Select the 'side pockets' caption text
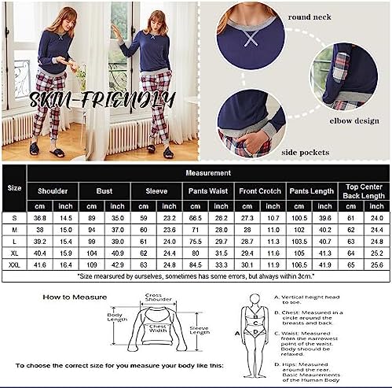[302, 152]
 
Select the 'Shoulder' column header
[53, 190]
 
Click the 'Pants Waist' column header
[207, 190]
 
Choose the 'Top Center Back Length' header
[362, 190]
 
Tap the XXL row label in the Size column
[14, 266]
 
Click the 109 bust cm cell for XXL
[92, 266]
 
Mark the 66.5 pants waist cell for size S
[195, 216]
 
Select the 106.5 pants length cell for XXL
[298, 266]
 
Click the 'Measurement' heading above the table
[207, 172]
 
